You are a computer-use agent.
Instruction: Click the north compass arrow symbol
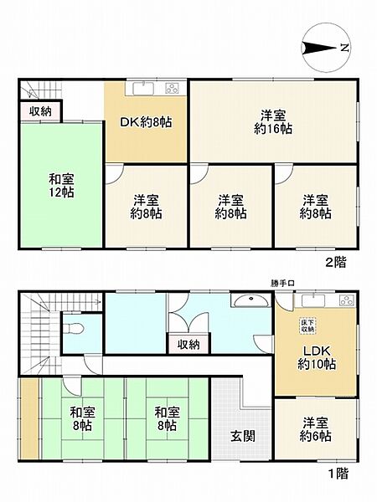point(322,47)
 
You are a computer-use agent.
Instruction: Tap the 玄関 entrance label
point(242,436)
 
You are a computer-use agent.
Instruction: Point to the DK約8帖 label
point(146,122)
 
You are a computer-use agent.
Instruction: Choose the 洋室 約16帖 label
point(273,122)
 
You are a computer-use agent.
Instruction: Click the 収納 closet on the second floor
point(39,111)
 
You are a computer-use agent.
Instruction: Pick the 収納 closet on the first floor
point(188,344)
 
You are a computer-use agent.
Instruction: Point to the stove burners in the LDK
point(344,300)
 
